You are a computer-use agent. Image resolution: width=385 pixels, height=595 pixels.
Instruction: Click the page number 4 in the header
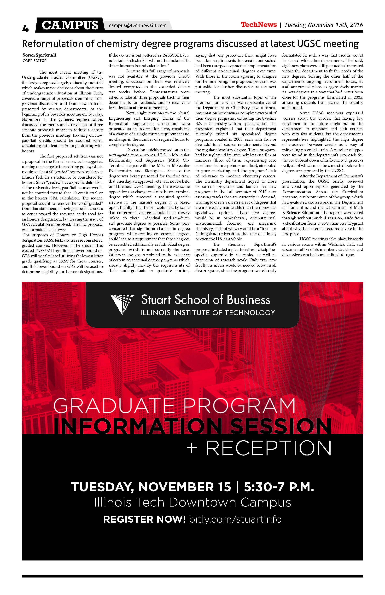(25, 29)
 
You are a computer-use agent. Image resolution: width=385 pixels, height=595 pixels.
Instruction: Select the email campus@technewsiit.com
(138, 25)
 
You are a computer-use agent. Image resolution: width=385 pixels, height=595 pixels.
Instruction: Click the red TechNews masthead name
(259, 25)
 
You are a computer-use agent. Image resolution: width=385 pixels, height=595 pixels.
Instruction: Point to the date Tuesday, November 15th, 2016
(323, 25)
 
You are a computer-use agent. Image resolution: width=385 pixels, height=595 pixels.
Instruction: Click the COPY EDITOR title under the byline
(35, 60)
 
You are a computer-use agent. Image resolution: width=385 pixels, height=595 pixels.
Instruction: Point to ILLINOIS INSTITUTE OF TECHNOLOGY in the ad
(208, 313)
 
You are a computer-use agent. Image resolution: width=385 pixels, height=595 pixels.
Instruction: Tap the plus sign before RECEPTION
(192, 448)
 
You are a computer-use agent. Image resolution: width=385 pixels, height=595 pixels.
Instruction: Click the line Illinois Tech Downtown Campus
(192, 502)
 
